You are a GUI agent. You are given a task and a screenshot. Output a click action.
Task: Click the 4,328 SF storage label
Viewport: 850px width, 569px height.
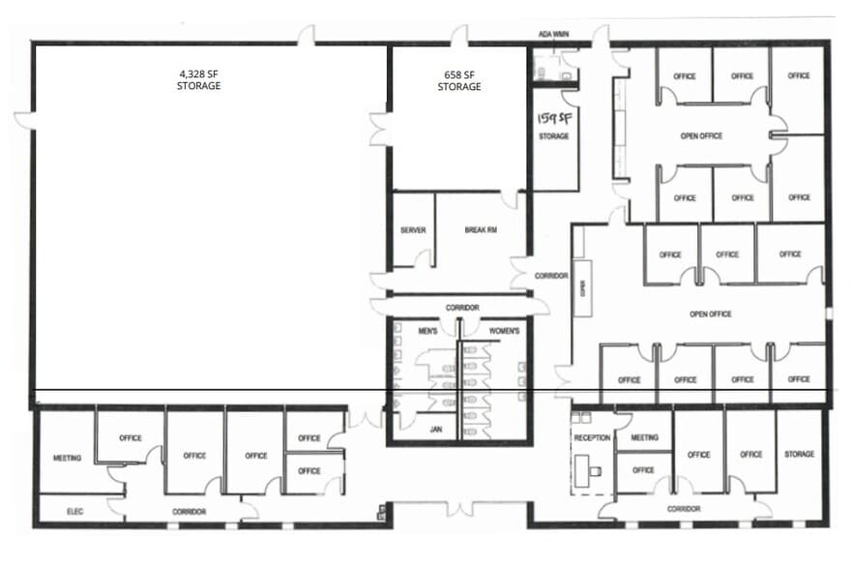tap(198, 79)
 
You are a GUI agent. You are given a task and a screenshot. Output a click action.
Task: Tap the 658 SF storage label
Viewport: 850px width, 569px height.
tap(459, 80)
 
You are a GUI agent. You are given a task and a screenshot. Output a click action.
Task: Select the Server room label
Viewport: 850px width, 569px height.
tap(413, 230)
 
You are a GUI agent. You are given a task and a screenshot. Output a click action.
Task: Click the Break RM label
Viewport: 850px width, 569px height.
tap(480, 230)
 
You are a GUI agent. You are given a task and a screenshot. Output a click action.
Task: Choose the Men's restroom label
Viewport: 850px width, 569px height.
tap(428, 332)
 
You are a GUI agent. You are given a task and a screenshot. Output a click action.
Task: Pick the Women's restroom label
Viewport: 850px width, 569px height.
tap(505, 332)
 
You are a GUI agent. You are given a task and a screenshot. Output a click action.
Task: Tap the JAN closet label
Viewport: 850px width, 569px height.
tap(435, 429)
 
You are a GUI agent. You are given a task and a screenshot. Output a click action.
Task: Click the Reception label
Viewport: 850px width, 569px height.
tap(592, 437)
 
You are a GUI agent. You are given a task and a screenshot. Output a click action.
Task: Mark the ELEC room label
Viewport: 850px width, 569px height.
tap(75, 510)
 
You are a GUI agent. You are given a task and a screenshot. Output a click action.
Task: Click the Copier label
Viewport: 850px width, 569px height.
tap(583, 288)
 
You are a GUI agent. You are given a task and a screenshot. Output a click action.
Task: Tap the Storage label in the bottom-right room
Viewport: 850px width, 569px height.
tap(800, 454)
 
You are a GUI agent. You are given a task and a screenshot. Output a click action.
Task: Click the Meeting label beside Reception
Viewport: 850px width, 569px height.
tap(644, 437)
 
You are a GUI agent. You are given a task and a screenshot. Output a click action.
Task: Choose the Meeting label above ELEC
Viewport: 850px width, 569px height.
tap(67, 458)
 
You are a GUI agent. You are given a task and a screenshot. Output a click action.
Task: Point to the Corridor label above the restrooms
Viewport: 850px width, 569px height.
tap(462, 308)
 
